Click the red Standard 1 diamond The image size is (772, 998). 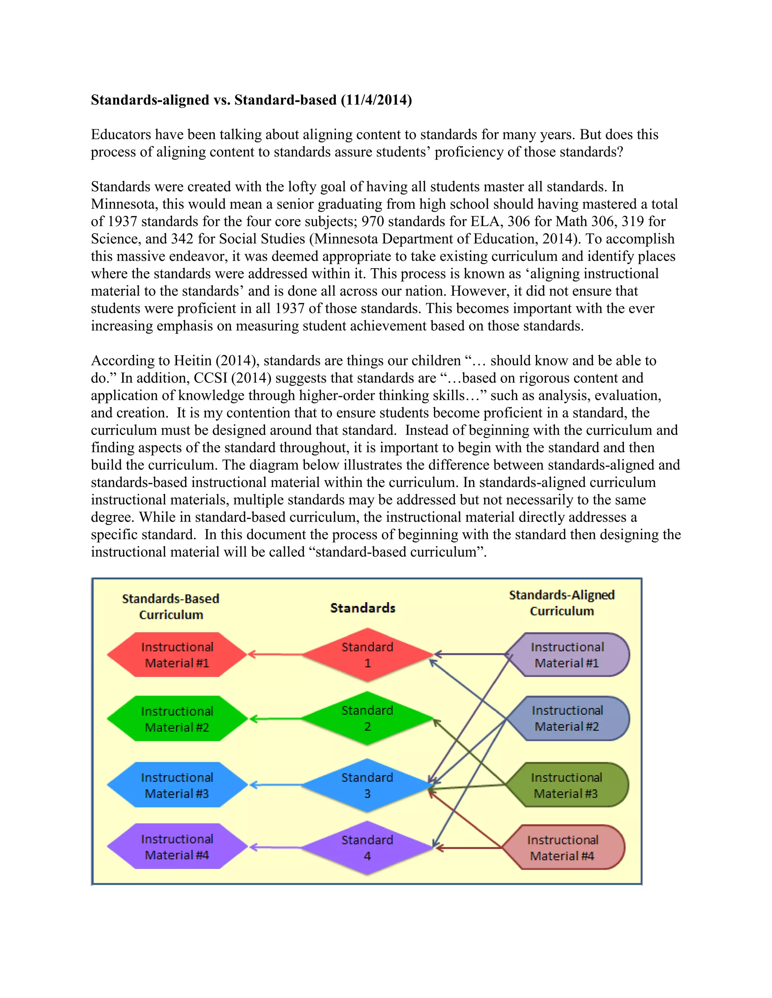coord(367,655)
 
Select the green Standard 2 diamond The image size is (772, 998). coord(367,718)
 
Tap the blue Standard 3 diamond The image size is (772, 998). coord(367,785)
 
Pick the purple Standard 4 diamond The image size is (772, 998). coord(367,848)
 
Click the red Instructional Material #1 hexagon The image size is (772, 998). coord(177,655)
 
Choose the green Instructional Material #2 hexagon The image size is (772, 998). coord(177,719)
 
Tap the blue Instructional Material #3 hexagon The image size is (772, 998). coord(177,785)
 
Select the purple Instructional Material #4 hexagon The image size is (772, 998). coord(177,847)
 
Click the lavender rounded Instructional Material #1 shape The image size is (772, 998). coord(567,655)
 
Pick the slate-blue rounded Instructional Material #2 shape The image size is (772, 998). coord(567,718)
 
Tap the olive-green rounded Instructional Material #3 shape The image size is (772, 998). coord(566,785)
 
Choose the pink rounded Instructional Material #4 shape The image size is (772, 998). coord(562,848)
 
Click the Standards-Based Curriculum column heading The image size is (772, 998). coord(171,606)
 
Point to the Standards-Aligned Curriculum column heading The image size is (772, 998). coord(562,603)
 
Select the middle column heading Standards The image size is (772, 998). coord(363,608)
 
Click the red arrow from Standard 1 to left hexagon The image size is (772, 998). coord(274,655)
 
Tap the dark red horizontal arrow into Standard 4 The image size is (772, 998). coord(469,848)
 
